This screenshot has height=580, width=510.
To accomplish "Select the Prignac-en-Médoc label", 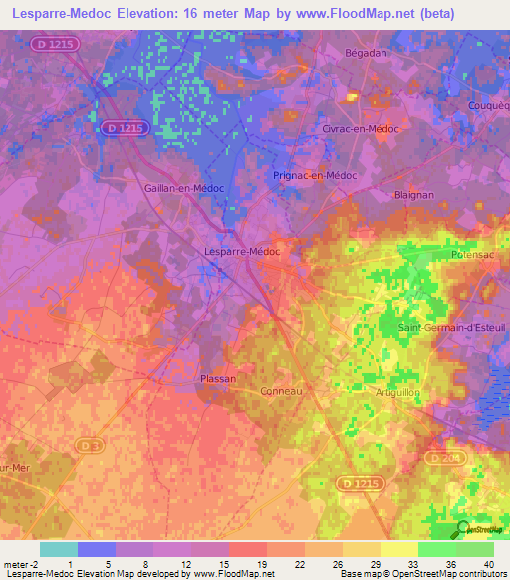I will [x=315, y=175].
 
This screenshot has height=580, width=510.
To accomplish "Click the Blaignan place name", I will [x=413, y=196].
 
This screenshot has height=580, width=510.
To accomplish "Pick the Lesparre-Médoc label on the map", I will [x=241, y=252].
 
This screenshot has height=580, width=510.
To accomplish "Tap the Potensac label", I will [x=474, y=255].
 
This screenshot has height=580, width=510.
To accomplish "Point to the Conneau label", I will [x=280, y=392].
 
